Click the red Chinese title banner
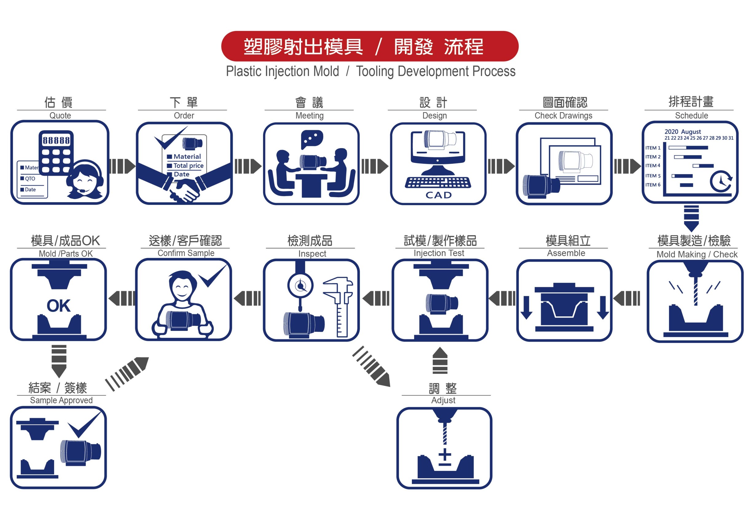(370, 46)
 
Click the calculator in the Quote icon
(56, 152)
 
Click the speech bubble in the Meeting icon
(312, 139)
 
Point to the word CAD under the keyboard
(438, 195)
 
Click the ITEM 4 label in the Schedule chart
(652, 166)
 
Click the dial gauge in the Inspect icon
(300, 286)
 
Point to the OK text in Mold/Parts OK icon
(59, 306)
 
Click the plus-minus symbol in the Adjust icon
(445, 457)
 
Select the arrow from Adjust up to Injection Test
(440, 360)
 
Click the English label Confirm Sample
(186, 253)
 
